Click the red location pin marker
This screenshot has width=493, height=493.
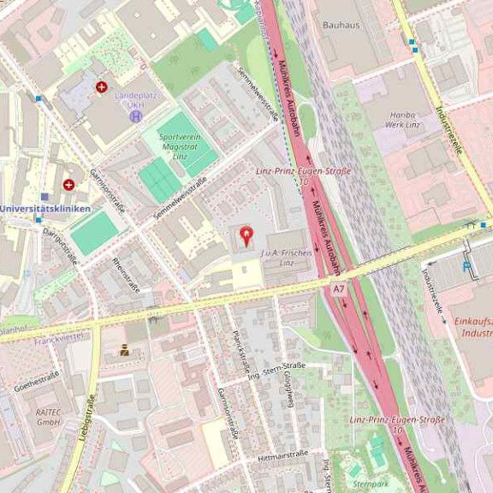246,235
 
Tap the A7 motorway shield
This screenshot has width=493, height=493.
339,290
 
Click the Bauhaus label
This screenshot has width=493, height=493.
341,27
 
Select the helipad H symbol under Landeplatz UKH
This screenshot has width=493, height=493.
135,116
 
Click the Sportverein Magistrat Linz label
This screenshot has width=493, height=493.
178,146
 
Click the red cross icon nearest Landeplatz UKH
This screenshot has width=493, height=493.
102,86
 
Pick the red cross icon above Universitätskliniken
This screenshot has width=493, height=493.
68,184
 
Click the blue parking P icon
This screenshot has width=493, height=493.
466,266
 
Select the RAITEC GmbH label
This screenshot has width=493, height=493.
48,417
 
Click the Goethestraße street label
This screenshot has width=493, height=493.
37,381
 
